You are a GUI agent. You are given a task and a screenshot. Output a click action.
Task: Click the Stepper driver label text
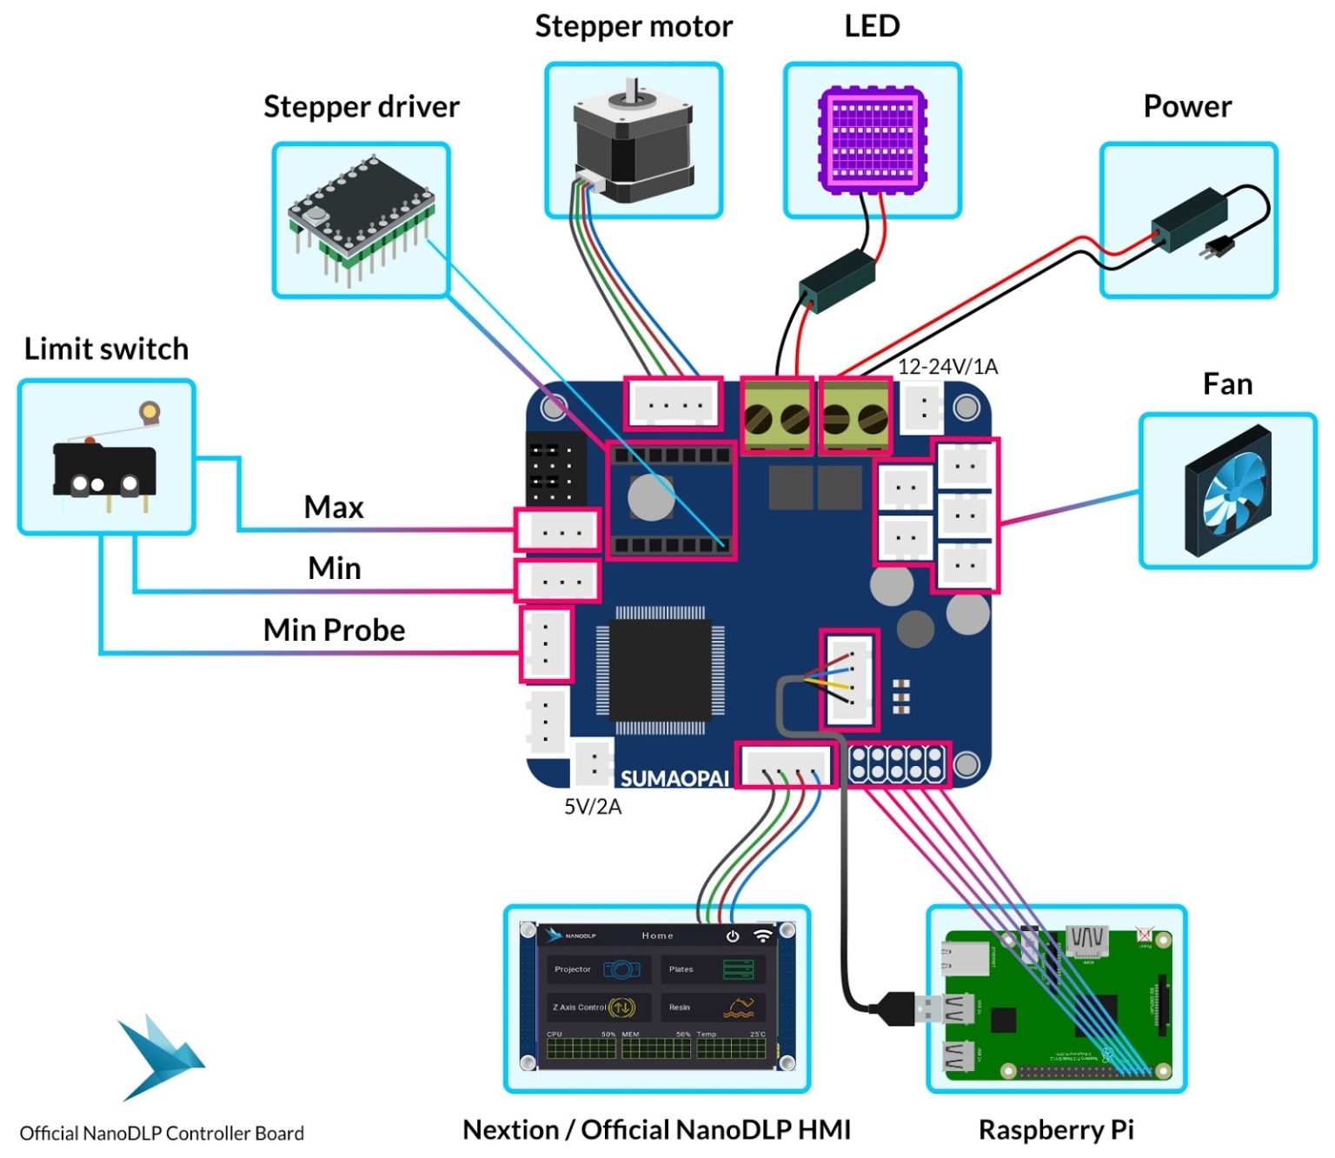361,106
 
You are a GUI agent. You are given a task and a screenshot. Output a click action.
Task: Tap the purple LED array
872,139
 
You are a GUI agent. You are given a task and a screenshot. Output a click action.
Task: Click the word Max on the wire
334,507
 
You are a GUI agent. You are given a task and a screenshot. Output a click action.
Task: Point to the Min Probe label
334,629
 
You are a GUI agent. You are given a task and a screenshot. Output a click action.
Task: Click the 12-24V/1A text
947,367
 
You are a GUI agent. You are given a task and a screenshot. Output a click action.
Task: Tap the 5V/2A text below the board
593,807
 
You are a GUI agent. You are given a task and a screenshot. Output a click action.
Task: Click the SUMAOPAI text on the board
674,778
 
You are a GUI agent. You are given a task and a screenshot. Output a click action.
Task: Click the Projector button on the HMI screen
598,968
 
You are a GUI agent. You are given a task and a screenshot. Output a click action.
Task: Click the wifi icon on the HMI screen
762,935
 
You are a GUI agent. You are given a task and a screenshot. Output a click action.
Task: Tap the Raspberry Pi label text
1056,1129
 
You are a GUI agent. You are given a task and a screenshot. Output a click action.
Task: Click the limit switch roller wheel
149,410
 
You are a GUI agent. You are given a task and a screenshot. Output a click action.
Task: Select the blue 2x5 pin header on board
899,764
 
